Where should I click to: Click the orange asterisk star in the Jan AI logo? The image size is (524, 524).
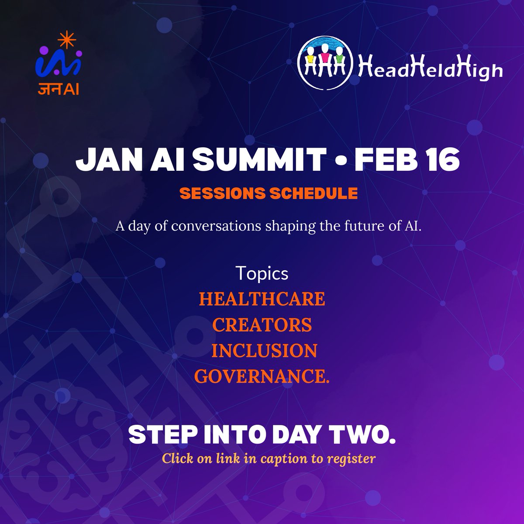[x=64, y=41]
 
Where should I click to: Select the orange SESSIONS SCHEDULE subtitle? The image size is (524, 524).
[x=269, y=193]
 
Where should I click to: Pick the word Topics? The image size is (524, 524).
[x=262, y=273]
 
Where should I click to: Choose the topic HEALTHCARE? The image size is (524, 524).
[x=262, y=300]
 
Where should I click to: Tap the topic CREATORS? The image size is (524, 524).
[x=262, y=325]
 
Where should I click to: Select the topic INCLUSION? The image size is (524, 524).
[x=264, y=351]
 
